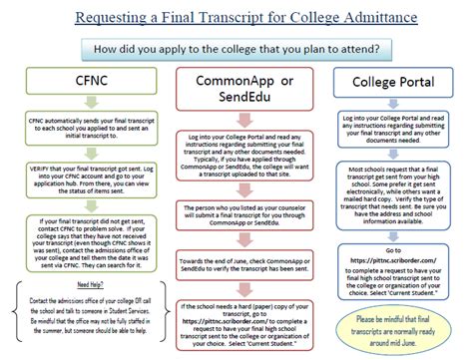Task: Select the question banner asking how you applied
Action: coord(236,46)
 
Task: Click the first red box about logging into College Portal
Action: coord(236,150)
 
